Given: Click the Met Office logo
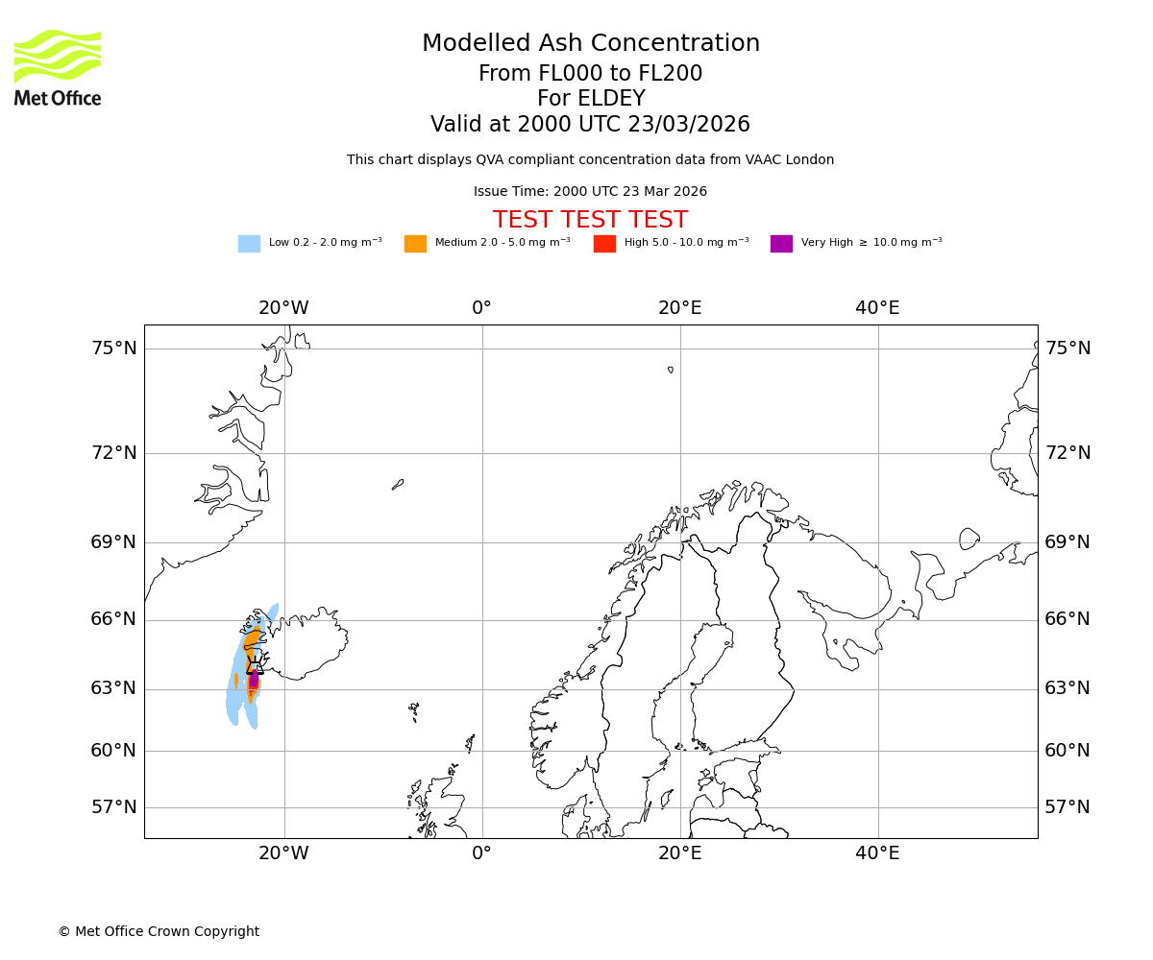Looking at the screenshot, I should point(58,67).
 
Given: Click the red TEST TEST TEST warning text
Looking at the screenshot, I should point(590,220).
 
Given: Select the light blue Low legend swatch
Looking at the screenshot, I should point(249,243).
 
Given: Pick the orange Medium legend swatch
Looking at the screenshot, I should point(415,243).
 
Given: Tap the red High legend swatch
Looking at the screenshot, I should point(604,243).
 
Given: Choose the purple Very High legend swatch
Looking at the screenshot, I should point(781,243).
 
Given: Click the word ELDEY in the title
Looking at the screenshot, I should point(611,99).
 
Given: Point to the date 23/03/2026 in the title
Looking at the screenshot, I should point(689,125).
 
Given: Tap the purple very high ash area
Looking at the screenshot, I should point(254,681).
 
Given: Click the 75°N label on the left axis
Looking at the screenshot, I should point(113,348).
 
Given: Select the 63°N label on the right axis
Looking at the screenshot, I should point(1067,688).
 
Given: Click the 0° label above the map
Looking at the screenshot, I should point(481,308).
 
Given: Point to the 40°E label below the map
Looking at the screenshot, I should point(877,853).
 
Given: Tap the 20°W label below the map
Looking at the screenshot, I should point(283,853).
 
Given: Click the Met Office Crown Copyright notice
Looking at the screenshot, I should point(159,931).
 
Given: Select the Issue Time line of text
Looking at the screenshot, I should point(590,192).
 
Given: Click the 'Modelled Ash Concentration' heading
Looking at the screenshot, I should point(590,43).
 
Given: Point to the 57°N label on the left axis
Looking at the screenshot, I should point(113,807).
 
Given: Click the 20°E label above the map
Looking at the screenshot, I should point(679,308).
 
